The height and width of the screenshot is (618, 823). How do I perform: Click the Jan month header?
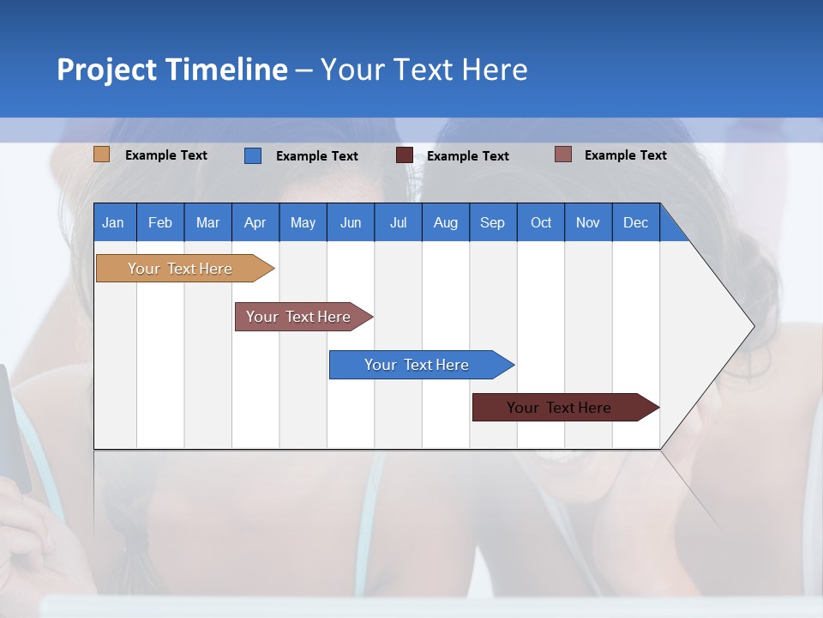point(114,222)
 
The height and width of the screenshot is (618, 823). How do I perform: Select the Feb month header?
point(160,222)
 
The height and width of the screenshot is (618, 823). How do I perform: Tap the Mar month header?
point(207,222)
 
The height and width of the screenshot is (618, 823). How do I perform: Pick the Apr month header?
point(255,222)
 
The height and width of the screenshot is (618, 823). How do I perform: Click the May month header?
point(303,222)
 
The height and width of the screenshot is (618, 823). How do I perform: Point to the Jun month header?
point(351,222)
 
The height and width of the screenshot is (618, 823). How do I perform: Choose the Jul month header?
point(398,222)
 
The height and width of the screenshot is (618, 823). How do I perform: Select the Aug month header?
point(446,222)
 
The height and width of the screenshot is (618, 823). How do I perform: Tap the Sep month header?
point(493,222)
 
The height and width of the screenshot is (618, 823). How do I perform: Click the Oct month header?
point(541,222)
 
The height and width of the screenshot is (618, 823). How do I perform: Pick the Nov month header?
point(588,222)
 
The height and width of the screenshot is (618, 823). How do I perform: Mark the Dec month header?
point(636,222)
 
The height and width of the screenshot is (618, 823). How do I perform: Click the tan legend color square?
point(102,154)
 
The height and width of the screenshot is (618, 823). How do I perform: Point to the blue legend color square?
point(253,155)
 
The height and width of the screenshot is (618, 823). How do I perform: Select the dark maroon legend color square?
point(405,155)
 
